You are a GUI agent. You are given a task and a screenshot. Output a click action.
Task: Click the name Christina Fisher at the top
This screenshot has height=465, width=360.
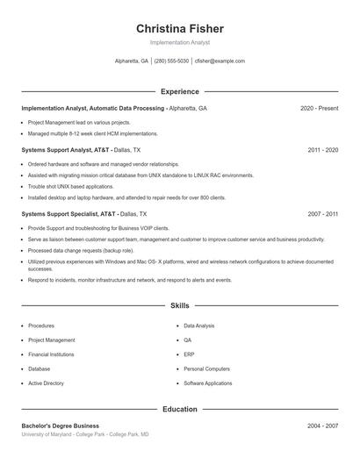pos(180,28)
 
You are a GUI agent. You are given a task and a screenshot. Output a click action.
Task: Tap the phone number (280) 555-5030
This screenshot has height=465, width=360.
pos(171,61)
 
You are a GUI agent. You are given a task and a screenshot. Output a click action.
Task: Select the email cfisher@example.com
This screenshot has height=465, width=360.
pos(220,61)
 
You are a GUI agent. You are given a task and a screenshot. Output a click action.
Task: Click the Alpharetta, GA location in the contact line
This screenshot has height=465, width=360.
pos(132,61)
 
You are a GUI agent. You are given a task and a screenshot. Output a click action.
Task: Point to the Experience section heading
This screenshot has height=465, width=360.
pos(180,91)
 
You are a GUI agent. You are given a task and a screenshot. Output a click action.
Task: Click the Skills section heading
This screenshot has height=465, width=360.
pos(180,305)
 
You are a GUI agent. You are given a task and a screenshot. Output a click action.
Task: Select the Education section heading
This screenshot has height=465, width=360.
pos(180,409)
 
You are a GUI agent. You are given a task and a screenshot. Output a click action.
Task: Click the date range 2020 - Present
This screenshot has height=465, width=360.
pos(319,108)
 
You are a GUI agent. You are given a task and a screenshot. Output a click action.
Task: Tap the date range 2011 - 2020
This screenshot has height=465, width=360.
pos(323,150)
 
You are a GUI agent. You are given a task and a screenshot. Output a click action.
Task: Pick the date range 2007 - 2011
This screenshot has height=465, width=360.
pos(323,213)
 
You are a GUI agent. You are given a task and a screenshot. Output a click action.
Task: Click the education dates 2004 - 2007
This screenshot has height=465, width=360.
pos(323,426)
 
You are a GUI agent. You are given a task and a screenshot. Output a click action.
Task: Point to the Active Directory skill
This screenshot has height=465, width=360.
pos(46,383)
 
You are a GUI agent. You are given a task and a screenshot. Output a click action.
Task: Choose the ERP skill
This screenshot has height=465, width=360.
pos(189,354)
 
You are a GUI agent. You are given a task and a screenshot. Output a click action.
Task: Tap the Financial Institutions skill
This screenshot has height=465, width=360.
pos(51,354)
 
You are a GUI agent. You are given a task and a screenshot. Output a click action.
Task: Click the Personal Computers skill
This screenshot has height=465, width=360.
pos(207,369)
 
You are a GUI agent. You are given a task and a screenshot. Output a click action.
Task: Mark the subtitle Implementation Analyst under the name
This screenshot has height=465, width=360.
pos(180,42)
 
